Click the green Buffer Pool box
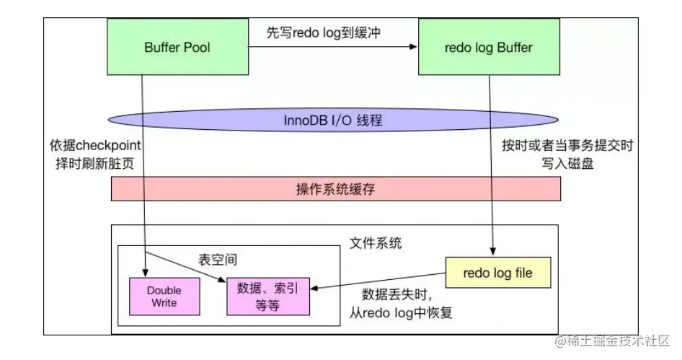[177, 48]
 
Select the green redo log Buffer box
[490, 48]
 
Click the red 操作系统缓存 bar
[335, 189]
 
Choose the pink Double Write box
[164, 296]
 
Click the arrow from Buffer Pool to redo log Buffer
[333, 48]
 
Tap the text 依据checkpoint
[91, 146]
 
